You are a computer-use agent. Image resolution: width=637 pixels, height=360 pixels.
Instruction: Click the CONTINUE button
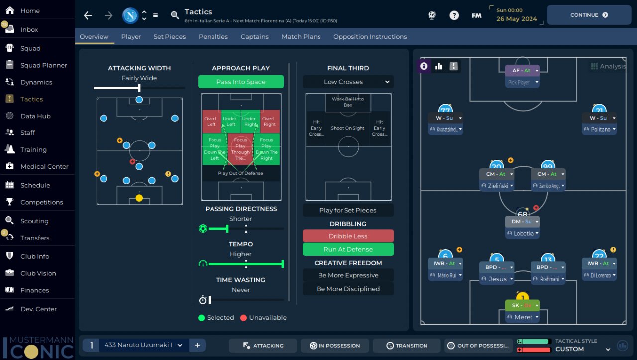tap(589, 15)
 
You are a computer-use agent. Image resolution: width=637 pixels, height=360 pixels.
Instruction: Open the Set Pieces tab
tap(169, 37)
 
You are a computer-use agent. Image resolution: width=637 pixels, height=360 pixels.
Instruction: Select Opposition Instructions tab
tap(370, 37)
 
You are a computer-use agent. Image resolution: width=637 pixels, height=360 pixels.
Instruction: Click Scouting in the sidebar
tap(34, 221)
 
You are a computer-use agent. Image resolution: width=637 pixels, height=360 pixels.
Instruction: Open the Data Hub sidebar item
tap(35, 116)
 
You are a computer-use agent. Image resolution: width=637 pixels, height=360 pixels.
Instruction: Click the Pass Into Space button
tap(241, 82)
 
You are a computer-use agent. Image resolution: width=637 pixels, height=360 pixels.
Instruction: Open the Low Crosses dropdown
tap(348, 82)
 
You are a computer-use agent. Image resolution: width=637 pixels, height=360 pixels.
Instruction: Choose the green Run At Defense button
tap(348, 249)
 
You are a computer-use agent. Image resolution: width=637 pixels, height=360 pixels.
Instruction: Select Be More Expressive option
tap(348, 275)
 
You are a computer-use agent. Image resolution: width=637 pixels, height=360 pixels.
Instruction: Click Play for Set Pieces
tap(348, 210)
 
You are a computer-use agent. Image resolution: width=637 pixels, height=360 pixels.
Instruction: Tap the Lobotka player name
tap(524, 233)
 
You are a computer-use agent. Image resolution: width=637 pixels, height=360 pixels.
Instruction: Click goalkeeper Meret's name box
tap(523, 317)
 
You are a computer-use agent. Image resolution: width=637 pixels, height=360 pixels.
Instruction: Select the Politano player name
tap(600, 129)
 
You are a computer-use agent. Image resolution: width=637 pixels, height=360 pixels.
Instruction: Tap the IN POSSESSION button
tap(334, 346)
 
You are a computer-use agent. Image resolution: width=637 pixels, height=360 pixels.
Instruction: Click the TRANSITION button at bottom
tap(407, 346)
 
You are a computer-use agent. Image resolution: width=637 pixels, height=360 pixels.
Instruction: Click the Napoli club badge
tap(130, 15)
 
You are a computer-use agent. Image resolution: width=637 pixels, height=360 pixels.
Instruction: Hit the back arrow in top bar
tap(88, 15)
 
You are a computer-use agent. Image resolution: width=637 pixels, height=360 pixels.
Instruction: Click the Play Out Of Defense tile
tap(240, 173)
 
